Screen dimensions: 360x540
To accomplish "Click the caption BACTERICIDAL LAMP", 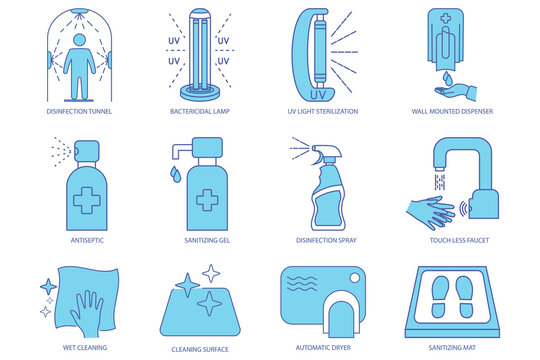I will [203, 112].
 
